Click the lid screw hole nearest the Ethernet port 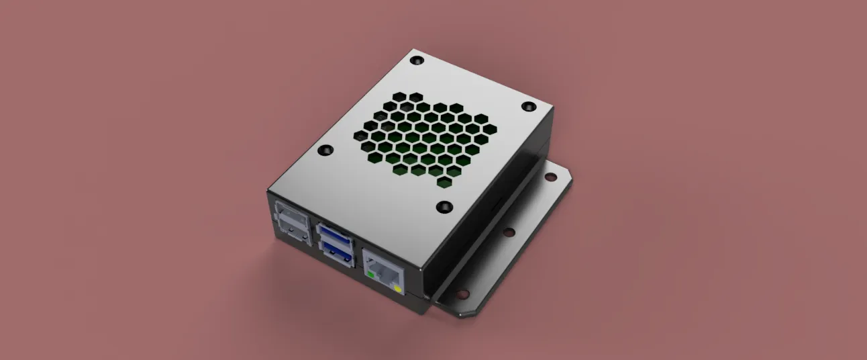[444, 206]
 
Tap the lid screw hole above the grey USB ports [325, 150]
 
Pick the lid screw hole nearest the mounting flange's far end [528, 107]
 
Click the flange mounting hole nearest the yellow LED [462, 294]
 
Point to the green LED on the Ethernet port [370, 274]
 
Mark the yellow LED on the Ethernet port [398, 289]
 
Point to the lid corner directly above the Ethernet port [423, 264]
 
